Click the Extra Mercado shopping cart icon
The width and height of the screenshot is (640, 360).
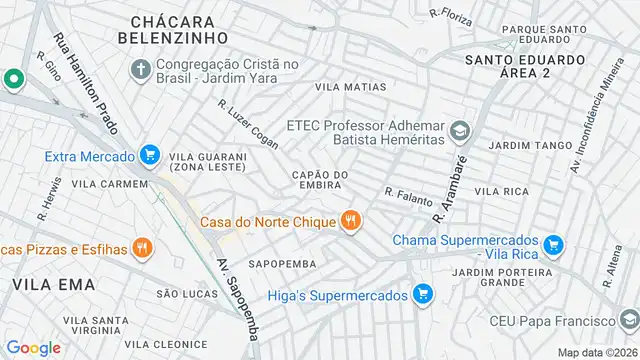[x=150, y=155]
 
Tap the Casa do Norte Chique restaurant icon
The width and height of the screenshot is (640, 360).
[x=350, y=221]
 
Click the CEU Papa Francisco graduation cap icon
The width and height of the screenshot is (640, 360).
[x=627, y=322]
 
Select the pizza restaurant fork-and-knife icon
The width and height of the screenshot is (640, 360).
[x=143, y=247]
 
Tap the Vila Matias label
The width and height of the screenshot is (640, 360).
[x=350, y=88]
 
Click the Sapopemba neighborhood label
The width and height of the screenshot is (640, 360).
[x=282, y=264]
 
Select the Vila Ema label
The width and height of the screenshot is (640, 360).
[x=54, y=284]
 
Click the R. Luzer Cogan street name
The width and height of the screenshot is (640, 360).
[x=248, y=124]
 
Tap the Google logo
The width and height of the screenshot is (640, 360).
[x=33, y=347]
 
